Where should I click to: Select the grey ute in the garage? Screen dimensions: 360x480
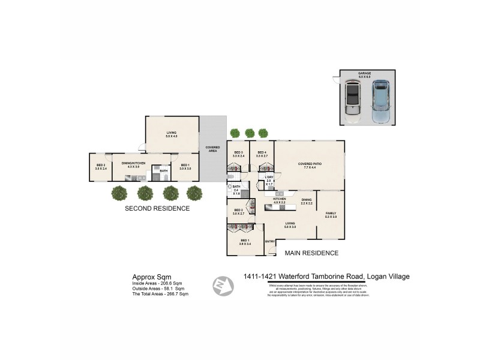click(353, 100)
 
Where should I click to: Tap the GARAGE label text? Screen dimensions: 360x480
click(365, 74)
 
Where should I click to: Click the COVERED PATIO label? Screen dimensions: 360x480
click(310, 164)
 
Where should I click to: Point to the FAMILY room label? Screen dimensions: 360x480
click(331, 213)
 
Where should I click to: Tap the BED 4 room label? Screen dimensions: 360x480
click(262, 153)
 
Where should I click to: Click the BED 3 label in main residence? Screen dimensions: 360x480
click(239, 153)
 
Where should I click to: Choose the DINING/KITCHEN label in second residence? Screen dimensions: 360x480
click(131, 163)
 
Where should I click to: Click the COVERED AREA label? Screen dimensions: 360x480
click(212, 148)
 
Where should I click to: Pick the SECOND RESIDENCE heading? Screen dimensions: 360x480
click(157, 209)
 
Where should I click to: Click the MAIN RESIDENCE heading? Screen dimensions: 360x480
click(311, 253)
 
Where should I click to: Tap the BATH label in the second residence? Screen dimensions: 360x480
click(164, 170)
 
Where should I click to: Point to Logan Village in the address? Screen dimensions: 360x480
click(388, 277)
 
